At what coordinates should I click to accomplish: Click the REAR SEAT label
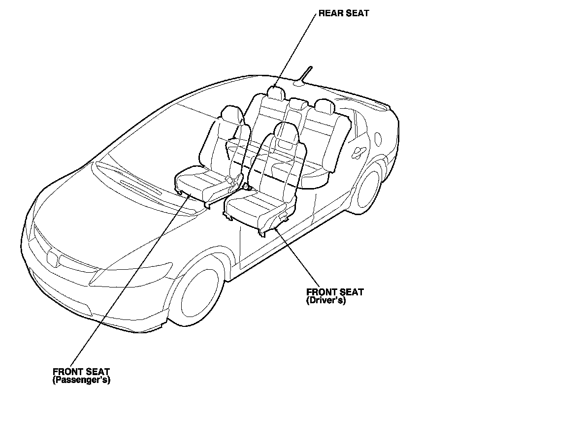[343, 13]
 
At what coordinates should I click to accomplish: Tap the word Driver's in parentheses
[325, 300]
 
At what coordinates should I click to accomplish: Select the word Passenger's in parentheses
[81, 381]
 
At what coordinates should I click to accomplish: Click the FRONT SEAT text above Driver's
[335, 292]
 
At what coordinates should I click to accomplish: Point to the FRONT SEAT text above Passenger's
[81, 372]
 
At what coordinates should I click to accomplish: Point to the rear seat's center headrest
[296, 104]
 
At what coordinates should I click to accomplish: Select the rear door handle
[358, 152]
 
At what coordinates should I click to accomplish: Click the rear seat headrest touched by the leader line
[275, 92]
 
